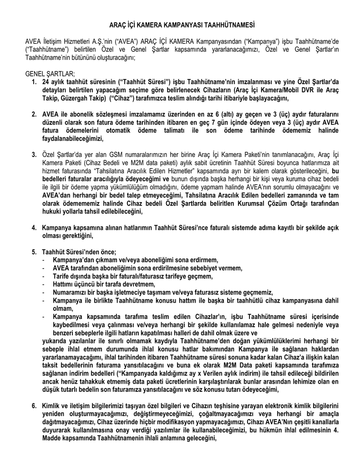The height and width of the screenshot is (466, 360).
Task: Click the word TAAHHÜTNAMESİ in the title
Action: click(227, 23)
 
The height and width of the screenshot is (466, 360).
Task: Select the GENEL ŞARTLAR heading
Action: click(50, 74)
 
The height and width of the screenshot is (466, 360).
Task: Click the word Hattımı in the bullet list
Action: click(64, 284)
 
